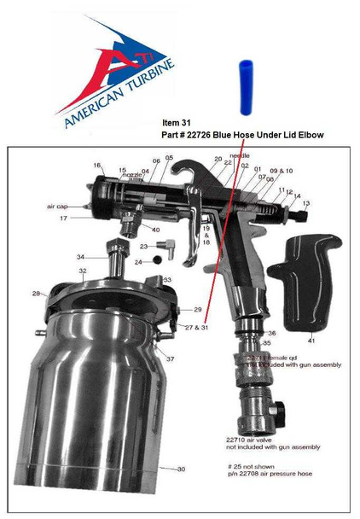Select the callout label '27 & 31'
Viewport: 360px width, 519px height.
pos(196,327)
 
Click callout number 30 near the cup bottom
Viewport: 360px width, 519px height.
pos(180,469)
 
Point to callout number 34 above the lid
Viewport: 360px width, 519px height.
pos(80,256)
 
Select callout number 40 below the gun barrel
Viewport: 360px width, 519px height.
pos(154,229)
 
